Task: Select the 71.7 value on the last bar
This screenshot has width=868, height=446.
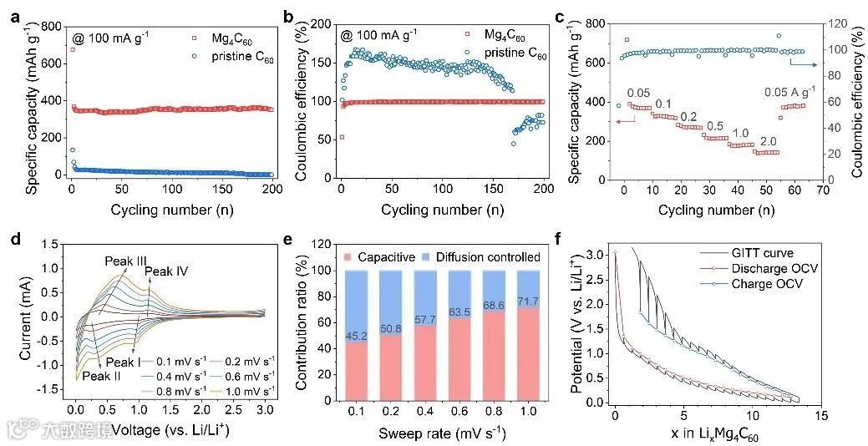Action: [x=528, y=301]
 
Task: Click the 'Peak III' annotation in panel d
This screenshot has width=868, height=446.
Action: [x=126, y=261]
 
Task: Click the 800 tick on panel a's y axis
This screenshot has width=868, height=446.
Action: [x=54, y=27]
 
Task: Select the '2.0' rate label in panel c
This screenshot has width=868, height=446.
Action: [x=768, y=141]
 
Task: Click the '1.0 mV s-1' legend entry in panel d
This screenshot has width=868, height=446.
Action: [x=249, y=391]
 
